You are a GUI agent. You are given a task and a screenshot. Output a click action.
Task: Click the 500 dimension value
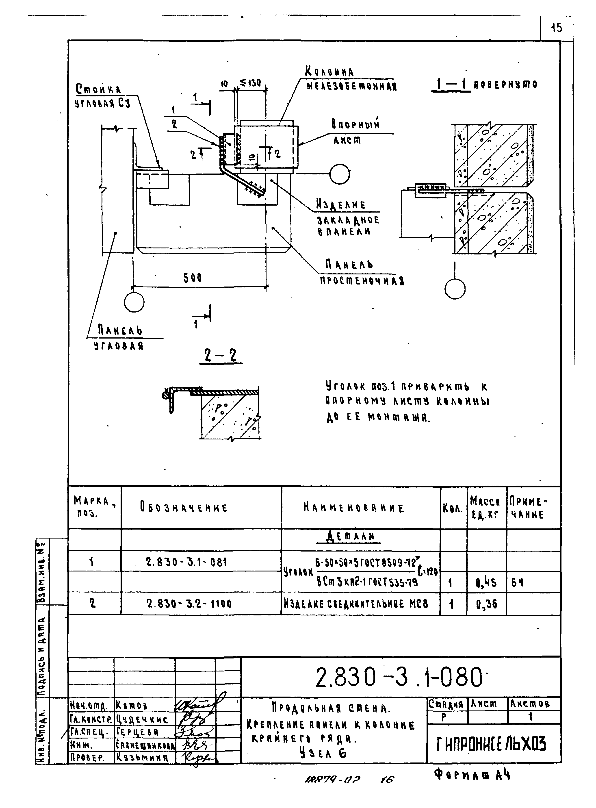pos(192,278)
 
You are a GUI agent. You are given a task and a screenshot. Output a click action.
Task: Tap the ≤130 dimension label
pos(250,83)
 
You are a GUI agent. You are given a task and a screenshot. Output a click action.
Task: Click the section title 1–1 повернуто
pos(484,85)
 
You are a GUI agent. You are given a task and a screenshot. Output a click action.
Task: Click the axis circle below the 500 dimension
pos(134,302)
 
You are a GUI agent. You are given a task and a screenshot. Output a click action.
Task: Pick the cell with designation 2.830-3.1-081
pos(186,562)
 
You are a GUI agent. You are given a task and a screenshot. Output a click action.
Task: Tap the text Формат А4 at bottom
pos(472,774)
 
